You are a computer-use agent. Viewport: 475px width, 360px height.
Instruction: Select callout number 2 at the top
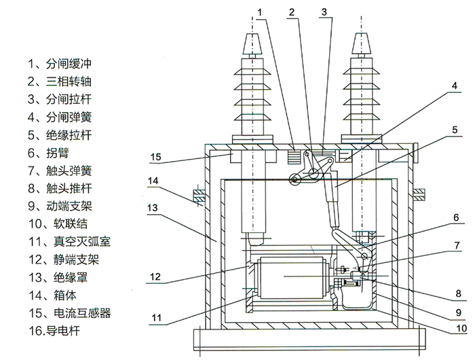[291, 12]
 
